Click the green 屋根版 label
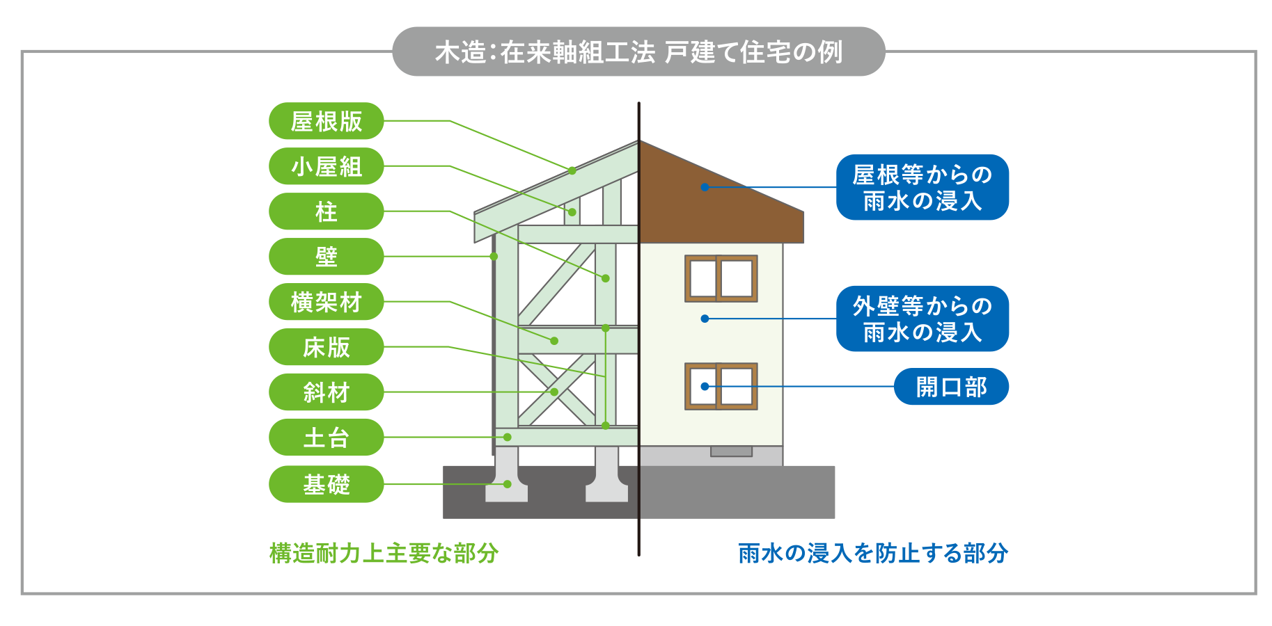click(326, 121)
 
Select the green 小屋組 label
click(326, 166)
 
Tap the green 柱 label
click(326, 211)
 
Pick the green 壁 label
click(326, 257)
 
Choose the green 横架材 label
click(326, 302)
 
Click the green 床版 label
click(326, 347)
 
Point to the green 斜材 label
click(326, 392)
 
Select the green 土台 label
click(326, 438)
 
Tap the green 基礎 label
click(326, 484)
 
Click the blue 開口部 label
click(951, 387)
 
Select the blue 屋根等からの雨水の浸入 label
click(922, 187)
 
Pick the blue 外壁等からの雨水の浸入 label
click(922, 319)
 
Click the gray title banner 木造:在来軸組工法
click(638, 51)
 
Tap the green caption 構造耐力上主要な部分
click(384, 553)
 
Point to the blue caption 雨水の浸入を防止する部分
click(873, 553)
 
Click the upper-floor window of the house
click(721, 278)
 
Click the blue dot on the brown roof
click(705, 187)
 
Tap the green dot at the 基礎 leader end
click(508, 484)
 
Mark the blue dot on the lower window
click(705, 387)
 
